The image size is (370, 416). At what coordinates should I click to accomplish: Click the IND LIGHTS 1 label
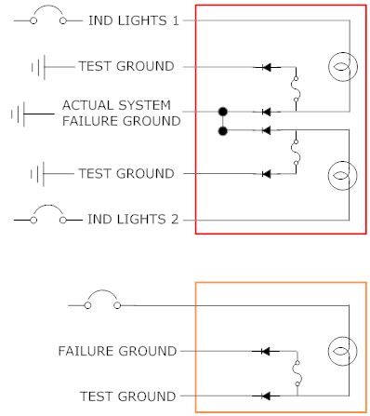click(x=134, y=20)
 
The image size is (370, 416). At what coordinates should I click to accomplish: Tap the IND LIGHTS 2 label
click(x=133, y=220)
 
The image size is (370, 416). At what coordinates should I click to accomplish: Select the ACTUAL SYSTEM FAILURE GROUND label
click(x=121, y=113)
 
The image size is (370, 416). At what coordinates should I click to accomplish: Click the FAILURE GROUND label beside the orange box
click(x=117, y=351)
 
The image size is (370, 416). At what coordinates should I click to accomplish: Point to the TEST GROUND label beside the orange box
click(x=127, y=396)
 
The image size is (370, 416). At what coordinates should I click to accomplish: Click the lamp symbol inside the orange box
click(x=343, y=351)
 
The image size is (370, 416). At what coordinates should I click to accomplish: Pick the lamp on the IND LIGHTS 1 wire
click(x=343, y=67)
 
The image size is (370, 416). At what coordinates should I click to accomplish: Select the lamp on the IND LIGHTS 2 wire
click(x=343, y=175)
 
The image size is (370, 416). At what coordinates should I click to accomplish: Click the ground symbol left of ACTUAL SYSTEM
click(x=18, y=114)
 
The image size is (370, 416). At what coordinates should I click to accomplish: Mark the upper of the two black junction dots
click(x=223, y=112)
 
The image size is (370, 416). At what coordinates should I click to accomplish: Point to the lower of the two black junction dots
click(x=223, y=131)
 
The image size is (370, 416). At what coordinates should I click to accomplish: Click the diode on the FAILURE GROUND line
click(x=266, y=351)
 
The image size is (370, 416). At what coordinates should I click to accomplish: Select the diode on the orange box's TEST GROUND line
click(x=266, y=396)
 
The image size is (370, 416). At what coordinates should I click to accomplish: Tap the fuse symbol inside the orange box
click(x=297, y=373)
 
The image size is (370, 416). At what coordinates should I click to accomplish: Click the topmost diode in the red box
click(x=267, y=67)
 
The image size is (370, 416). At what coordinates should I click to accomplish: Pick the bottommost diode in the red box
click(x=267, y=174)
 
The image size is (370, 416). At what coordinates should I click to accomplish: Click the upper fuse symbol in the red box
click(x=296, y=89)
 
